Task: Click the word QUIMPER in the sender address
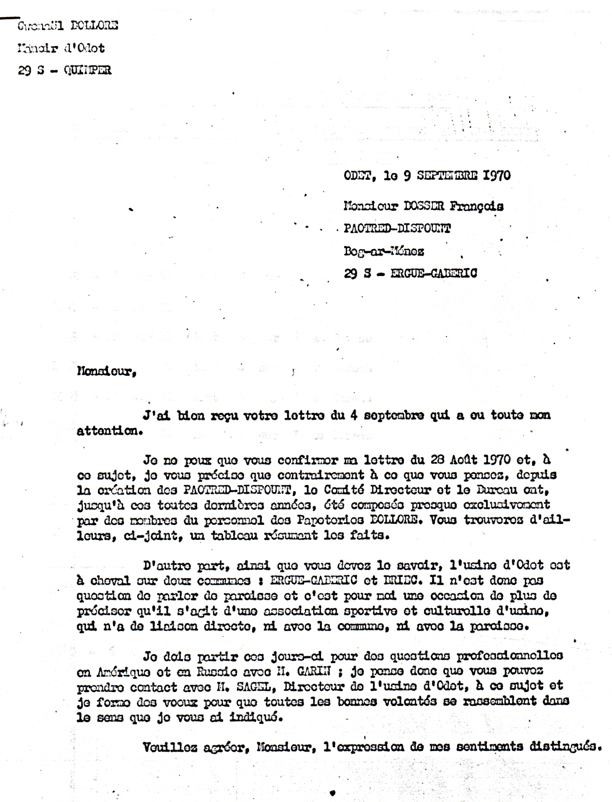point(87,70)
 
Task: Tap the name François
point(477,207)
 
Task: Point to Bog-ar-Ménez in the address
point(384,251)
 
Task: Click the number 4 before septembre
point(355,415)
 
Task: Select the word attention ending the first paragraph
point(109,431)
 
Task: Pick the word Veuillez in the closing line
point(167,746)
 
